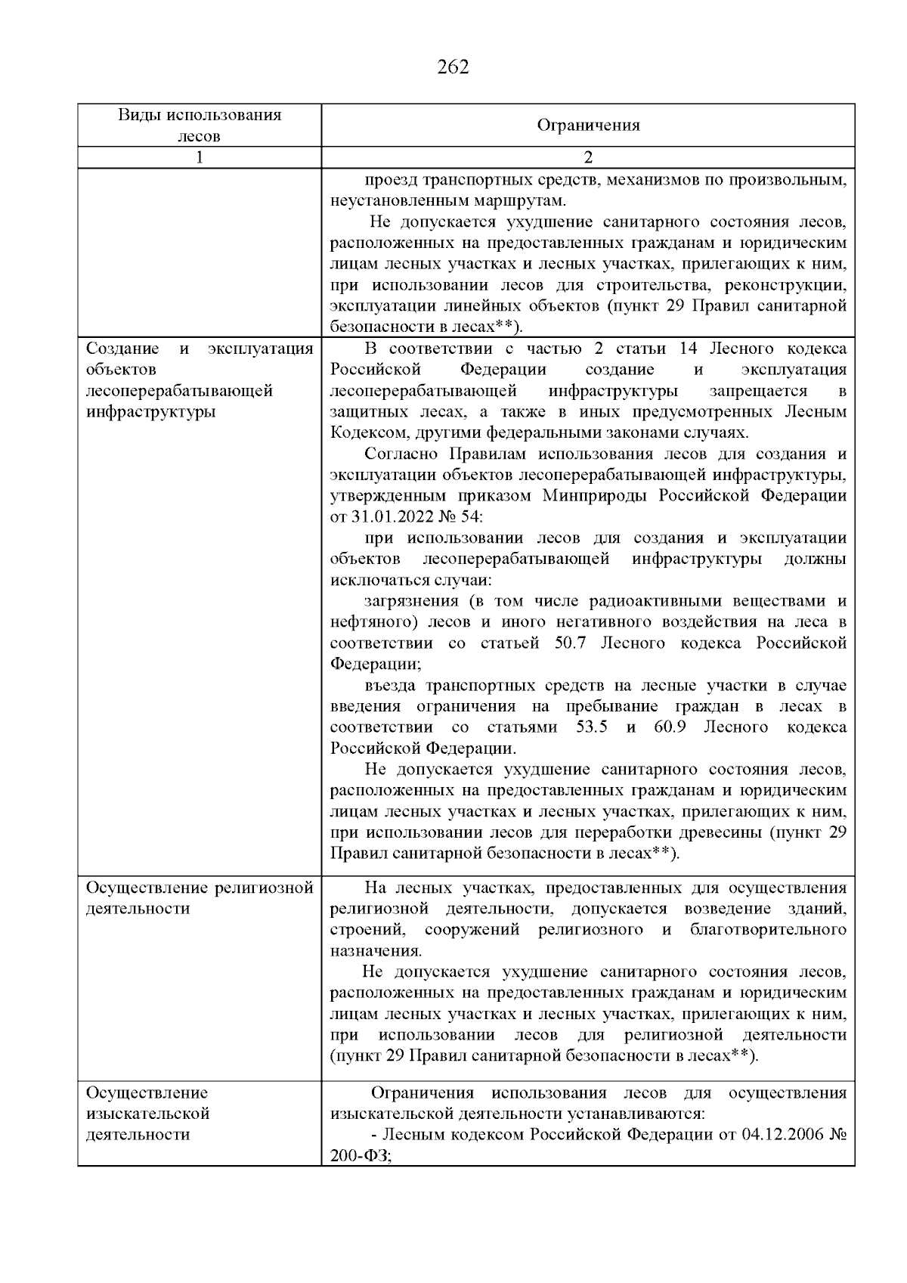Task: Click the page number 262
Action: pos(453,67)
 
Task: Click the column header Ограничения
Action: pos(588,126)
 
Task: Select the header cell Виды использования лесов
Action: pos(199,126)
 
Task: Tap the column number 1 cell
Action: pos(199,157)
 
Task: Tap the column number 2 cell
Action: pos(588,157)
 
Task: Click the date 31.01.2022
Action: pos(393,517)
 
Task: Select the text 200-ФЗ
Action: pos(360,1156)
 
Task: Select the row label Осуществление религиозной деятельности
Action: pos(199,898)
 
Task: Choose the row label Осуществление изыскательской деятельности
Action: pos(148,1114)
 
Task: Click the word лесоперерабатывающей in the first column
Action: pos(179,391)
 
